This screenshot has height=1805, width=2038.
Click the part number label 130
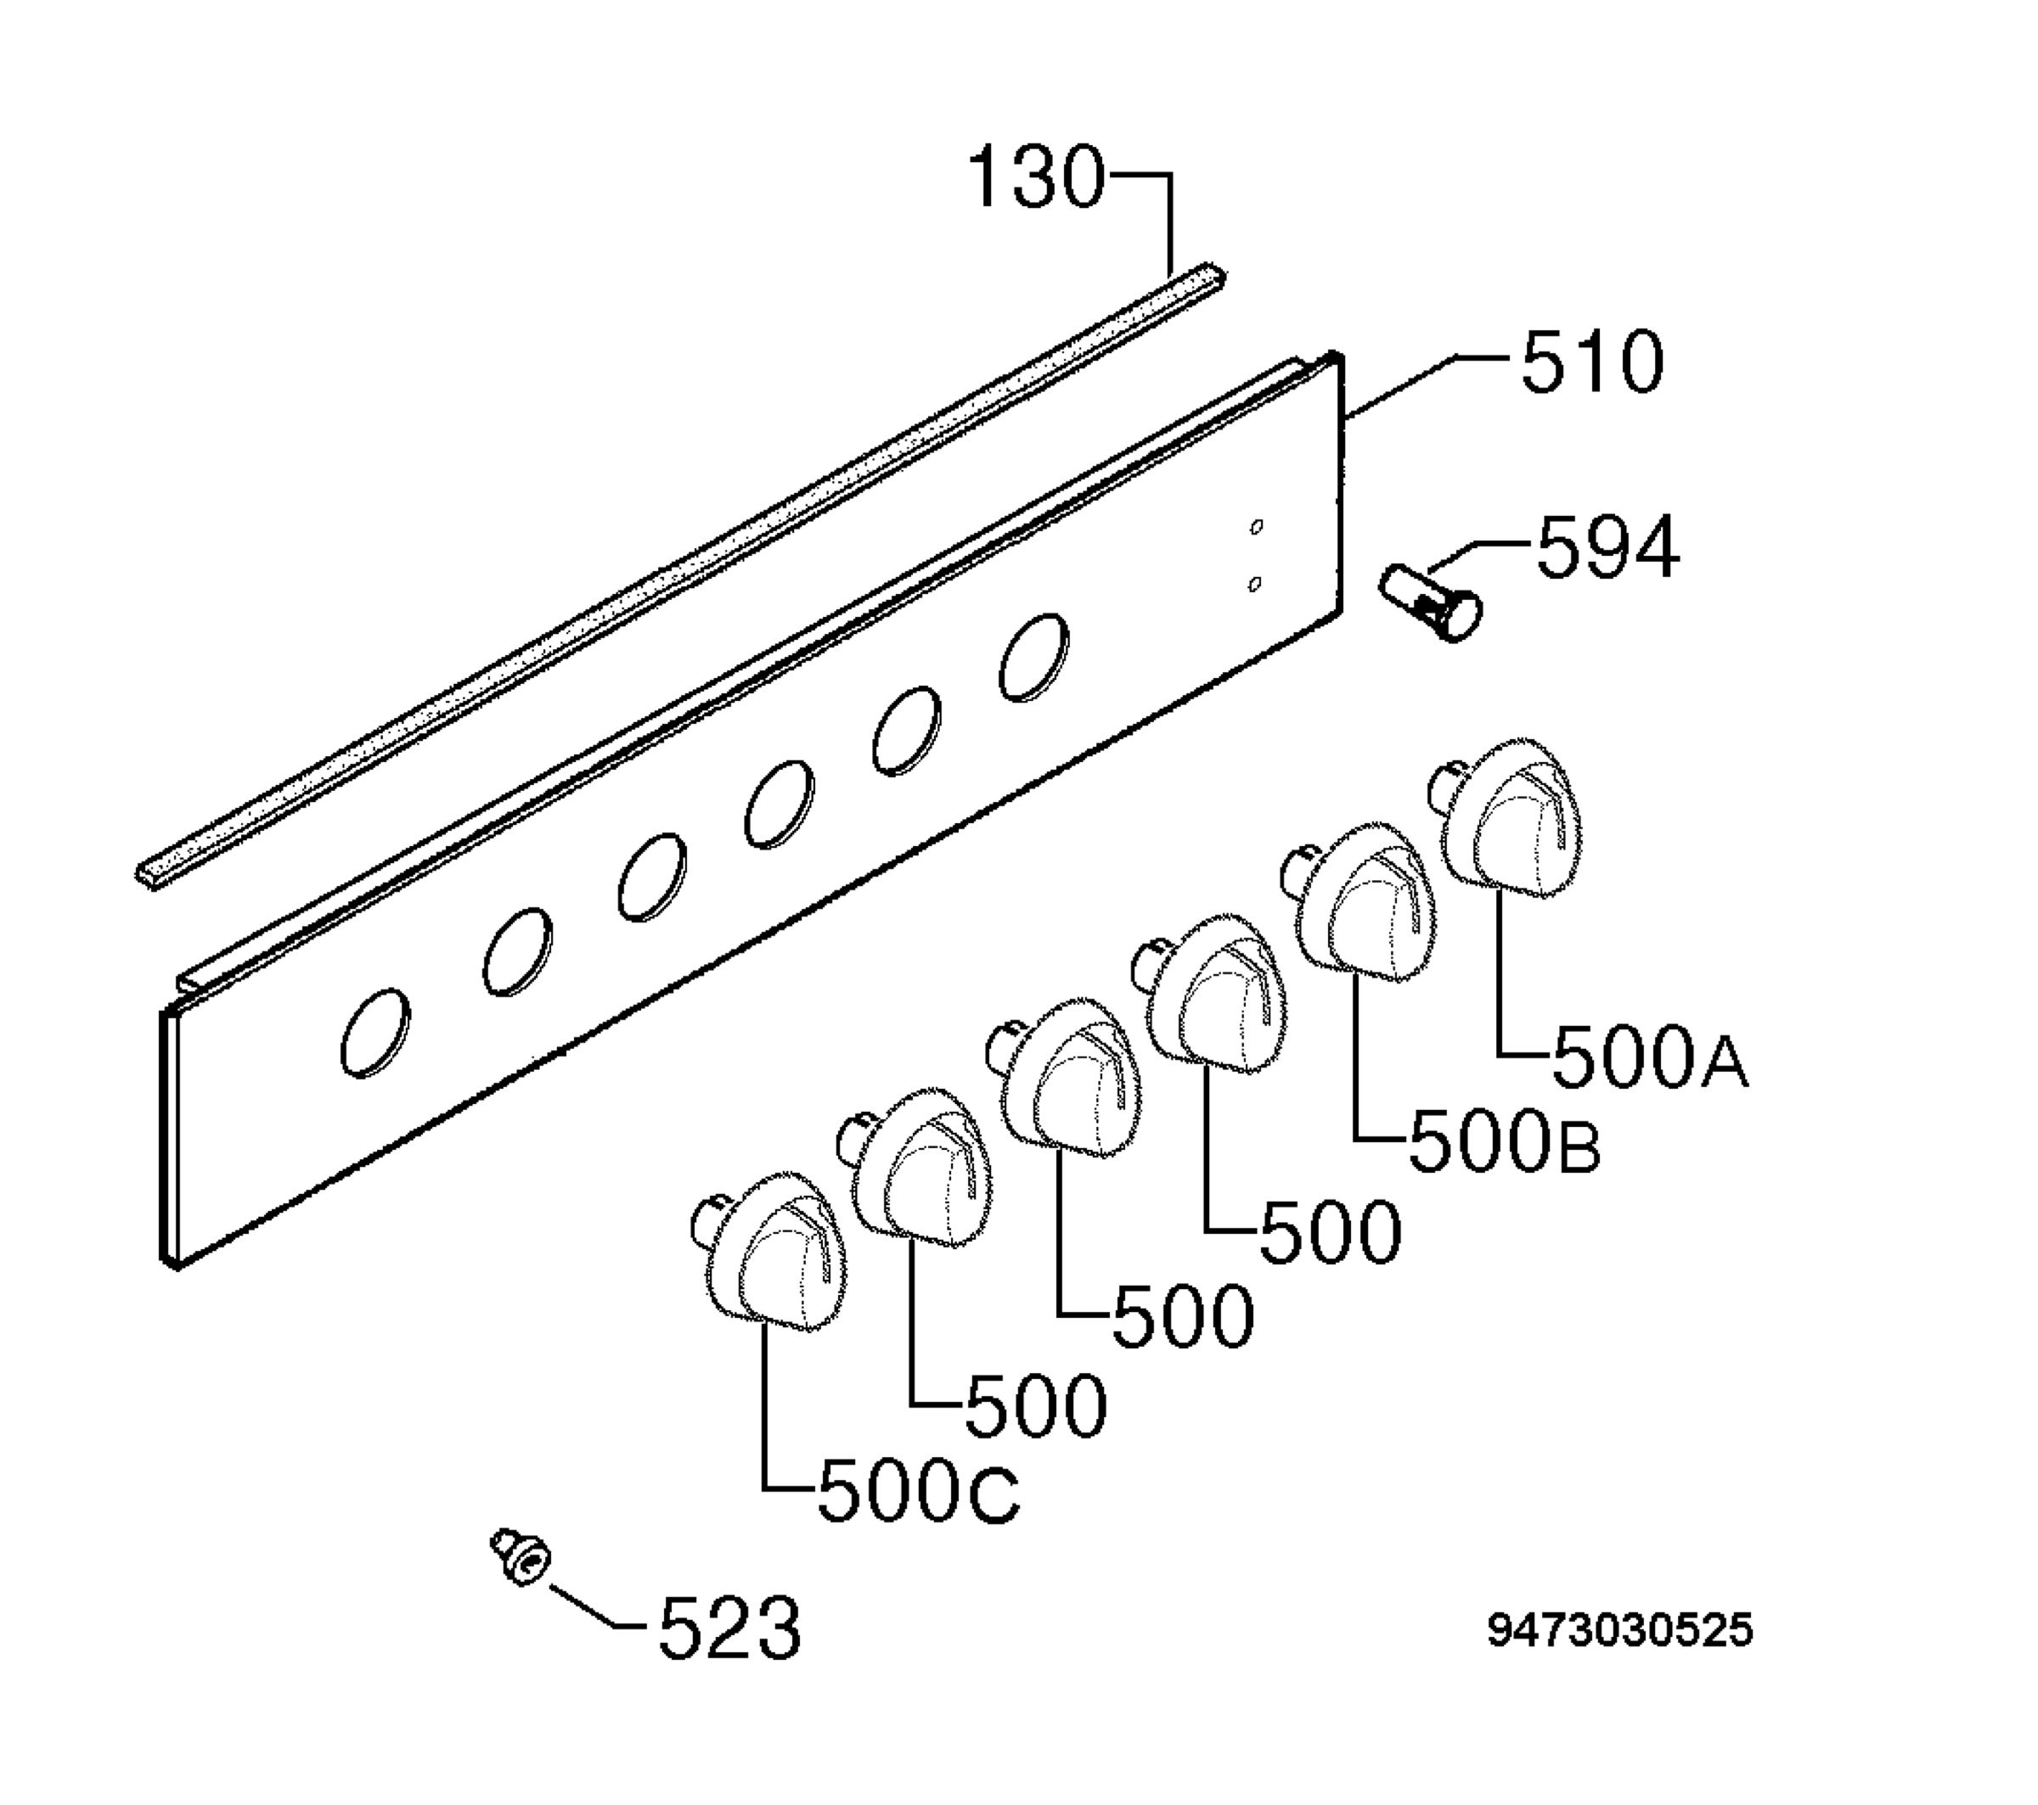(x=1036, y=177)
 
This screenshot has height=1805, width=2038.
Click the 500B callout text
(x=1505, y=1143)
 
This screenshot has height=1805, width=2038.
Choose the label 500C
(x=918, y=1491)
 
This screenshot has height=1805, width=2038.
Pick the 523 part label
(x=729, y=1628)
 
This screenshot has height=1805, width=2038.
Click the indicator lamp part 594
(x=1430, y=600)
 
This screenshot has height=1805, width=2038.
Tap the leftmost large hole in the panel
(x=374, y=1033)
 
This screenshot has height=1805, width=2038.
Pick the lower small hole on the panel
(x=1254, y=584)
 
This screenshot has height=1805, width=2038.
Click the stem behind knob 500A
(x=1442, y=783)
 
